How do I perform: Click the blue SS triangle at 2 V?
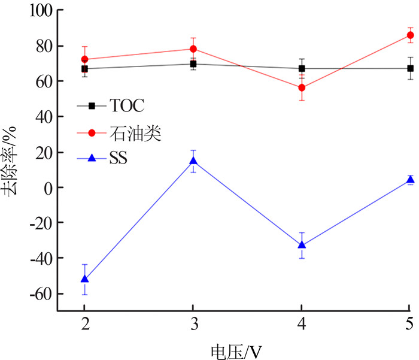[x=84, y=279]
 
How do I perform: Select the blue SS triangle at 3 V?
[x=193, y=161]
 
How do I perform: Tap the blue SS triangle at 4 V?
[x=302, y=245]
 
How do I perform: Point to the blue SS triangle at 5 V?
[x=411, y=180]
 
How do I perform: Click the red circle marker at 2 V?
[x=84, y=59]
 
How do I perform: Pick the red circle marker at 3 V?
[x=193, y=49]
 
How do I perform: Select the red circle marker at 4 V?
[x=302, y=87]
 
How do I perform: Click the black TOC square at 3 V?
[x=193, y=63]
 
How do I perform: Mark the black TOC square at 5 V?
[x=411, y=68]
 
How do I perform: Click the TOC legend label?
[x=127, y=106]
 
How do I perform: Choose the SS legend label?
[x=119, y=159]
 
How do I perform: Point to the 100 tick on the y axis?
[x=38, y=11]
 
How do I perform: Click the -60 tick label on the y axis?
[x=38, y=294]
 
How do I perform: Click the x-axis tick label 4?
[x=302, y=323]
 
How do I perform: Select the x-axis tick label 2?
[x=84, y=323]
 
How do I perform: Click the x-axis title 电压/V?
[x=236, y=349]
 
